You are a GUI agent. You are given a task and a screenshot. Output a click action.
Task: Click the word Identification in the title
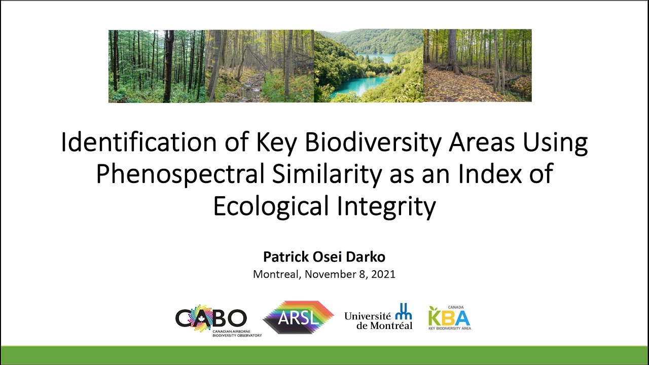pyautogui.click(x=127, y=143)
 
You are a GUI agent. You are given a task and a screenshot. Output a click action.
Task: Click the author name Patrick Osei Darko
pyautogui.click(x=324, y=257)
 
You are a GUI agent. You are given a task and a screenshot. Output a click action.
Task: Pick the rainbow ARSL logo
pyautogui.click(x=298, y=318)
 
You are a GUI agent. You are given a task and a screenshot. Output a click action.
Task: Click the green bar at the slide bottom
pyautogui.click(x=324, y=355)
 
